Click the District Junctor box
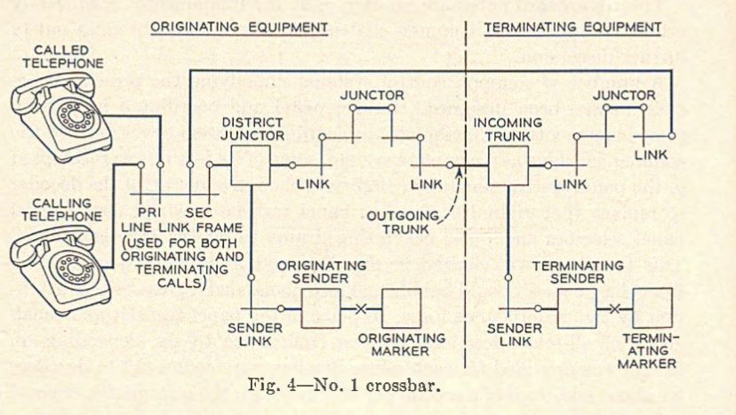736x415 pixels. click(250, 164)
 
